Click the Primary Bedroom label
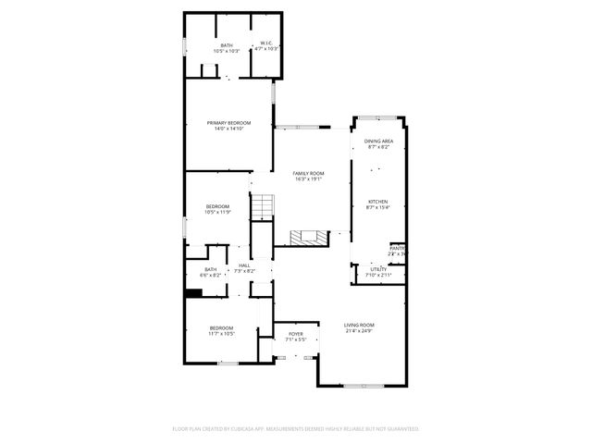coord(228,122)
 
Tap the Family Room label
coord(309,173)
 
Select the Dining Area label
coord(377,141)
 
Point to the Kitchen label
coord(377,201)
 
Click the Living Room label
coord(359,325)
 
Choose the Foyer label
coord(296,334)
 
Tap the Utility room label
coord(378,269)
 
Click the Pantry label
coord(397,248)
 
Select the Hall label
coord(244,265)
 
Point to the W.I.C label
coord(265,43)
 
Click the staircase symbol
coord(265,207)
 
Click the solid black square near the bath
coord(193,293)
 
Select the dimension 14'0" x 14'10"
coord(228,129)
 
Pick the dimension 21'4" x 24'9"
coord(359,330)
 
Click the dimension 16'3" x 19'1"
coord(309,179)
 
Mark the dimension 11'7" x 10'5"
coord(221,333)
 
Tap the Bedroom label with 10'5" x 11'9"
coord(217,205)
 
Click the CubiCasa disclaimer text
coord(296,428)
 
